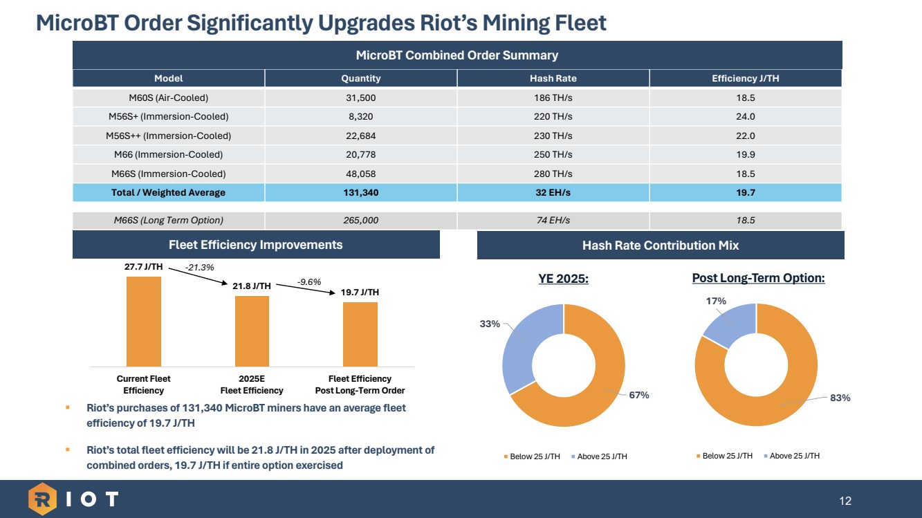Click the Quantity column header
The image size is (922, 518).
tap(360, 78)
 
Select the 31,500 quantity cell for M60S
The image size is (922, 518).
tap(360, 98)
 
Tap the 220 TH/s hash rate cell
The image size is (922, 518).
tap(553, 116)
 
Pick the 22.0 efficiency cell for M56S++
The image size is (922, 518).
tap(745, 136)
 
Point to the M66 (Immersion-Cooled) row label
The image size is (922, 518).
tap(168, 154)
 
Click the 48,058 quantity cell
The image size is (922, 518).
tap(360, 174)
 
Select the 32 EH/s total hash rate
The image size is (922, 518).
tap(553, 192)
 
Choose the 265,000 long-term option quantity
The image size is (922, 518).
tap(360, 221)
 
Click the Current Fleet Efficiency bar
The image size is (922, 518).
tap(143, 321)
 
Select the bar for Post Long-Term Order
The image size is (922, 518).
tap(360, 334)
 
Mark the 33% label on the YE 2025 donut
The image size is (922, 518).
tap(490, 323)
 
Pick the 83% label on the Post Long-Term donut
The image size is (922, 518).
tap(841, 398)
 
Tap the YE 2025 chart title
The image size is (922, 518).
tap(564, 279)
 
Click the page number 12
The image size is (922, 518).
tap(845, 500)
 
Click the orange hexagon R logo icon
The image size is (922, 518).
tap(42, 499)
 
